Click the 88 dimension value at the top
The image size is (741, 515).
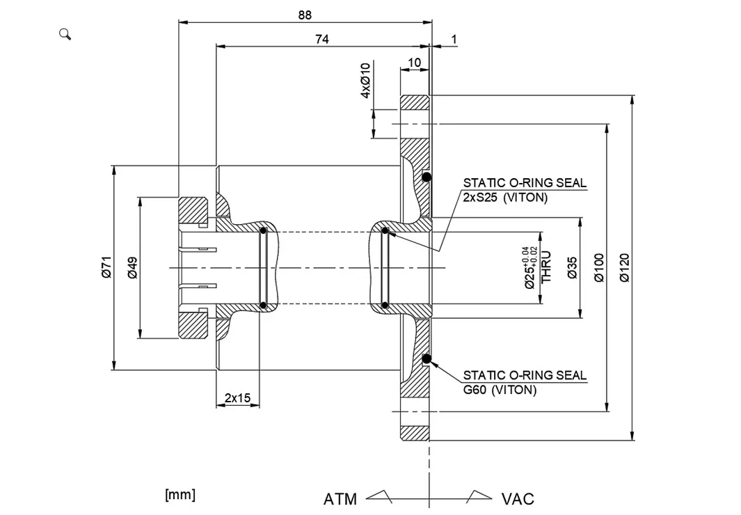tap(305, 15)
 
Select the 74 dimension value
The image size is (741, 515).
tap(321, 40)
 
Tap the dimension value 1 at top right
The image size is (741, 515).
tap(454, 40)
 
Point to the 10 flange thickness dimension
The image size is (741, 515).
tap(414, 63)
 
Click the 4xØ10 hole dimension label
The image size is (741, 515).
tap(365, 80)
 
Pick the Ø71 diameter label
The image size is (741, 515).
tap(106, 267)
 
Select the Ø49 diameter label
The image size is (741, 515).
tap(133, 267)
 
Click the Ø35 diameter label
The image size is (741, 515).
tap(572, 268)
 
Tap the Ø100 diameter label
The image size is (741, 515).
tap(600, 268)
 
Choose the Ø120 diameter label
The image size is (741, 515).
tap(624, 268)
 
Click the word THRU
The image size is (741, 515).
tap(547, 267)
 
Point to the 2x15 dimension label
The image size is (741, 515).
tap(237, 398)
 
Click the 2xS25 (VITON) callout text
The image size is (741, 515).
tap(505, 197)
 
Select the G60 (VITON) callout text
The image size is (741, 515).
tap(500, 390)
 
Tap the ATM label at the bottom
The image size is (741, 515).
tap(340, 499)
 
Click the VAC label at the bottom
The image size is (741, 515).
tap(518, 499)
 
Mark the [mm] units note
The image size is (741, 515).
tap(180, 494)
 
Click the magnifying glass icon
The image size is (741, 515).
tap(65, 34)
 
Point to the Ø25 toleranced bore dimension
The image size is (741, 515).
tap(531, 268)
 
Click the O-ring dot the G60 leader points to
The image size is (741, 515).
tap(427, 359)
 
